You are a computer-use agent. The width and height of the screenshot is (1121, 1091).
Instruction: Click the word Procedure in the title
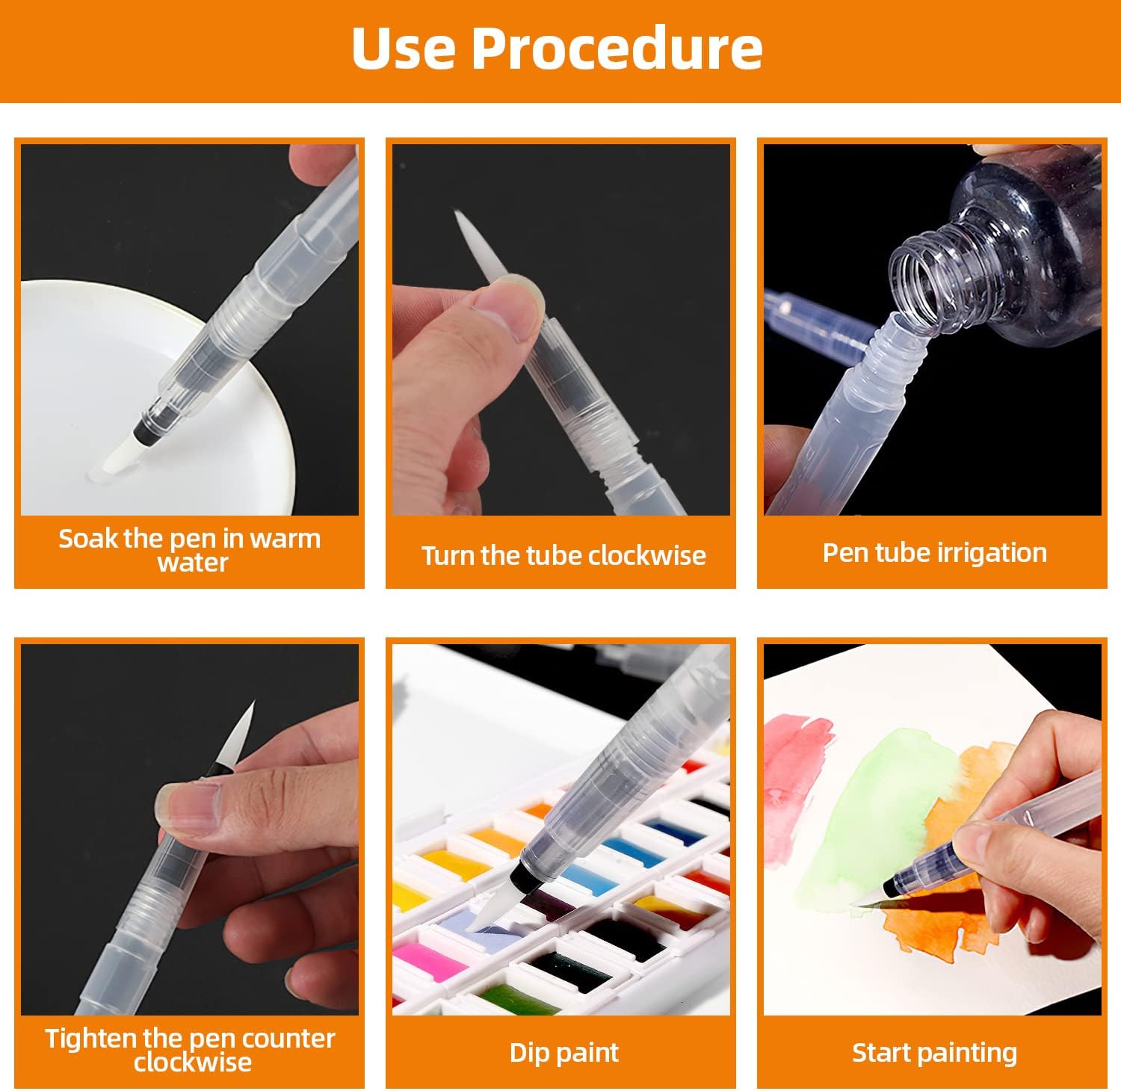coord(617,49)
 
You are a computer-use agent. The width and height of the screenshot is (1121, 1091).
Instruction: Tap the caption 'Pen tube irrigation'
coord(934,553)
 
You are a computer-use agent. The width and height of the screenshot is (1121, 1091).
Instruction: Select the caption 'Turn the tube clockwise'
coord(563,555)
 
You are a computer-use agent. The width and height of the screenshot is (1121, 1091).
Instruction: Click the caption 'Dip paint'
coord(564,1053)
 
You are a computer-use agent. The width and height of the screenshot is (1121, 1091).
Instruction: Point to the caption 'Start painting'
coord(934,1053)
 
